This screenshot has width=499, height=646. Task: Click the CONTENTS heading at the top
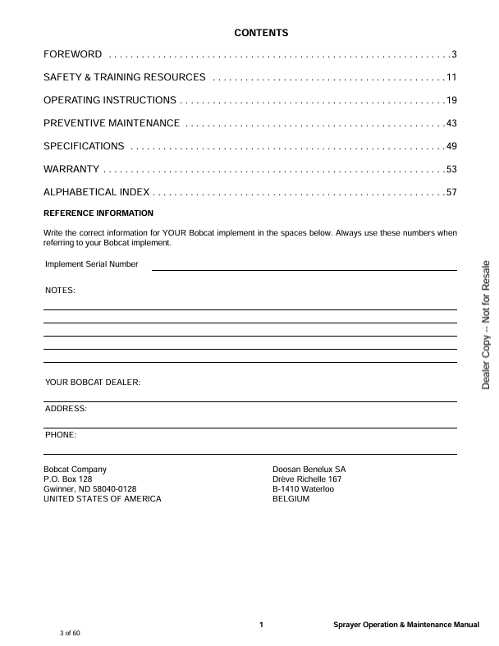[261, 33]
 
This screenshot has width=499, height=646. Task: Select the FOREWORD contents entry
[73, 55]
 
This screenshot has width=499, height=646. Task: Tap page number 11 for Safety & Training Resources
[451, 77]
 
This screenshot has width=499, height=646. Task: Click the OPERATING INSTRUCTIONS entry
[109, 100]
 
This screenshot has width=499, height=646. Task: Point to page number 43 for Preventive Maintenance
[451, 123]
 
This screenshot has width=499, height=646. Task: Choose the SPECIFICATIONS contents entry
[84, 146]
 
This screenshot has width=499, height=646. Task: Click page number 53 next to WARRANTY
[451, 169]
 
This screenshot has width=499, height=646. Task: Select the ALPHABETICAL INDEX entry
[96, 192]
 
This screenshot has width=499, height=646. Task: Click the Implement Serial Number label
[92, 264]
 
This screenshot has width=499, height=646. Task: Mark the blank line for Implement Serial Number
[304, 268]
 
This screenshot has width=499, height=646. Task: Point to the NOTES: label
[60, 291]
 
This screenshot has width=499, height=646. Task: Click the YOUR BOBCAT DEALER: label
[93, 383]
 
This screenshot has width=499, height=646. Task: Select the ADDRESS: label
[66, 408]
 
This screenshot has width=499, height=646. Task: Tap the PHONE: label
[61, 434]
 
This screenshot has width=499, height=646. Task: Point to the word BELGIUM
[291, 498]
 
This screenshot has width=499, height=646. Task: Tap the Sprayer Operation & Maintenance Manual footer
[406, 625]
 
